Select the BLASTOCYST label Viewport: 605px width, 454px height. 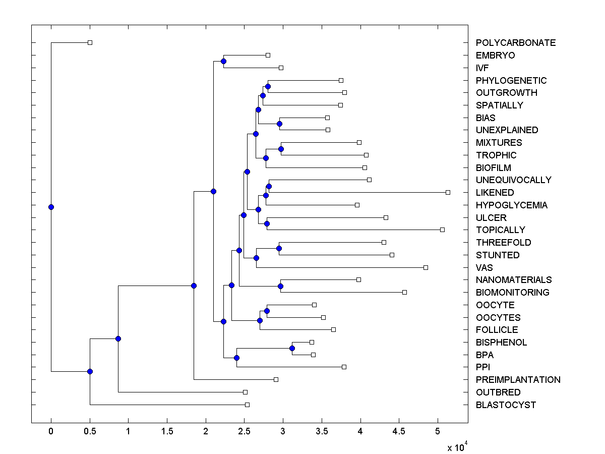tap(506, 405)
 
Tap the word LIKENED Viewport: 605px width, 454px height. tap(495, 193)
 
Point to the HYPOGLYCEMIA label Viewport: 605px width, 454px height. tap(511, 205)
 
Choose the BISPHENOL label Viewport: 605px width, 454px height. tap(501, 343)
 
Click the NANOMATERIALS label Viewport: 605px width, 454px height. tap(513, 280)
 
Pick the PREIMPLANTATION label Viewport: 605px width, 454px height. tap(518, 380)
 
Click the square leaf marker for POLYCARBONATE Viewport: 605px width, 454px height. tap(90, 42)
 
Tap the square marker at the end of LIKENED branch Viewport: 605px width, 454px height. tap(448, 192)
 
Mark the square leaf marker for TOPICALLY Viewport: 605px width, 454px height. tap(442, 230)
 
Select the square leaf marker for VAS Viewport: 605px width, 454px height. tap(426, 267)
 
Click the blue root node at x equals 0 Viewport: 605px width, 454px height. tap(51, 207)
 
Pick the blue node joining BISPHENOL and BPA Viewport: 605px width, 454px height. tap(292, 349)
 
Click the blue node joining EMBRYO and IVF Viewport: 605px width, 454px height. tap(223, 61)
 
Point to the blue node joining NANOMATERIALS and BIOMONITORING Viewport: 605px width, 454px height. tap(281, 286)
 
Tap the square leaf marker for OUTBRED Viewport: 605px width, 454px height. tap(245, 392)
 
